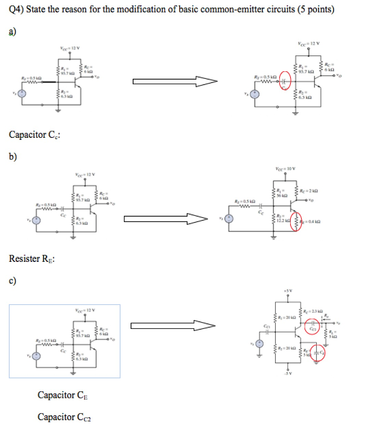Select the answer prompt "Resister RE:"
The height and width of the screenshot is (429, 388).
(32, 259)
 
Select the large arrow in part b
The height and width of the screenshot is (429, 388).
(166, 218)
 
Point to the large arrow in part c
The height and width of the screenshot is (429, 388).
(173, 325)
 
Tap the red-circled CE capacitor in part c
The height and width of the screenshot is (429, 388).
(320, 354)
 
